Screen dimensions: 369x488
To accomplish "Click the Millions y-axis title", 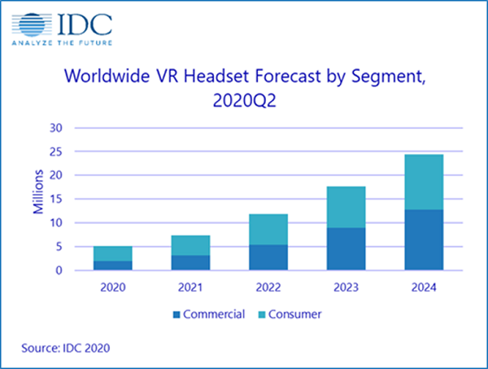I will pyautogui.click(x=38, y=199).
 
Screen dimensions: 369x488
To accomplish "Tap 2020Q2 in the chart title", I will pyautogui.click(x=244, y=103).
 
